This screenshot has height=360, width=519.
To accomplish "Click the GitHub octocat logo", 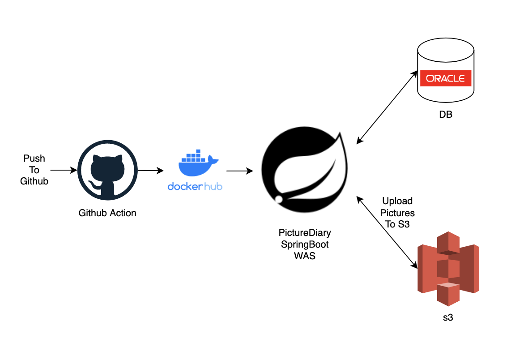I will point(107,171).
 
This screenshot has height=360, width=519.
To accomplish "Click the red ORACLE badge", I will point(445,78).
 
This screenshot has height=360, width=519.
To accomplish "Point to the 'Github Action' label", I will point(107,213).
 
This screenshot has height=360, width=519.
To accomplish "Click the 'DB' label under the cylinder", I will point(445,115).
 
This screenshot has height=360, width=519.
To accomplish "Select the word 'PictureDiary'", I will point(305,233).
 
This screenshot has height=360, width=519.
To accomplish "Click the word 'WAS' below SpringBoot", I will point(305,256).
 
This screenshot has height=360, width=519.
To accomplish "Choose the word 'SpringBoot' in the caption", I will point(305,244).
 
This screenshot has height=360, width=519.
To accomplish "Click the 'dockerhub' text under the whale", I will point(195,186).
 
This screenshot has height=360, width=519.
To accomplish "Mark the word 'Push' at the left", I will point(34,159).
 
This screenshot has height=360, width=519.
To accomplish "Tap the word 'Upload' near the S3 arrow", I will point(397,201).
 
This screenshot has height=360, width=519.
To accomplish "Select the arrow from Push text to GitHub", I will point(64,170).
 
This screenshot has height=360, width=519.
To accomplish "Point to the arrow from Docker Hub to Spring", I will point(239,171).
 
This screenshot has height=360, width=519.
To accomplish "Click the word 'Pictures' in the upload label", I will point(397,213).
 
